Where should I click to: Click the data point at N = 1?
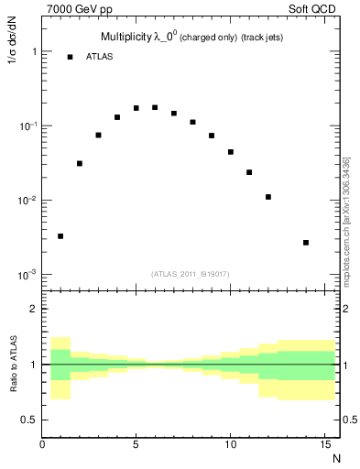tap(60, 236)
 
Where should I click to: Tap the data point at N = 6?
tap(155, 107)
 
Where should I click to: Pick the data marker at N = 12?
tap(267, 197)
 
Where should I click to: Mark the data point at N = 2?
tap(80, 164)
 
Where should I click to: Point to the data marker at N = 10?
tap(230, 152)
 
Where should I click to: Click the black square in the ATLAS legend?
tap(70, 57)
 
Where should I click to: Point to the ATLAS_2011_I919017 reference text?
tap(189, 273)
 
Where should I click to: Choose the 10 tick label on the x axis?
tap(230, 445)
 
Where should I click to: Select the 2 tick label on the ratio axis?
tap(33, 309)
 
